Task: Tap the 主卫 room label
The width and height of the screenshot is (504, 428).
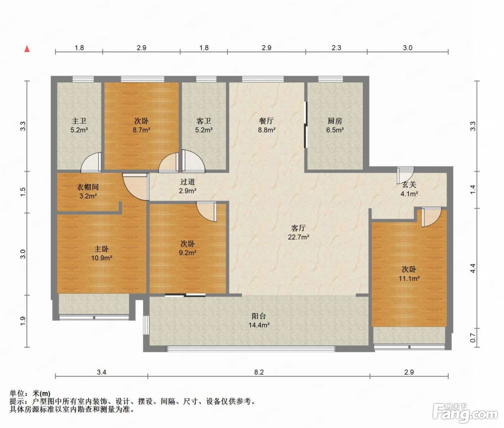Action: coord(79,121)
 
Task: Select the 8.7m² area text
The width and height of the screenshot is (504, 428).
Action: coord(141,130)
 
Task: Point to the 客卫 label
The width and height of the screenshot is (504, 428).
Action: coord(204,121)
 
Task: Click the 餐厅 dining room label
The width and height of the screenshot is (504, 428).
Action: coord(266,121)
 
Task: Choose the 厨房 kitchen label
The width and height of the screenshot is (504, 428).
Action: coord(335,121)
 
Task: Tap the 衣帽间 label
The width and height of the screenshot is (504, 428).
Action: coord(88,187)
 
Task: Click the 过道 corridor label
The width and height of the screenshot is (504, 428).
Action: coord(188,181)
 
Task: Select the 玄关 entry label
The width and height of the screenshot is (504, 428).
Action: coord(409,185)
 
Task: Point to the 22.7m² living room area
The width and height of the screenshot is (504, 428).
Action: coord(299,237)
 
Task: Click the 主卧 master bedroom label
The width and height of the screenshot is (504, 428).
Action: coord(102,249)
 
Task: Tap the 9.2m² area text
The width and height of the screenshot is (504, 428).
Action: coord(188,252)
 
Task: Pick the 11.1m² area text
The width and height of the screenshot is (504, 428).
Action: coord(409,278)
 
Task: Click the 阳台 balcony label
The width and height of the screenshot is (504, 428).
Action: coord(259,316)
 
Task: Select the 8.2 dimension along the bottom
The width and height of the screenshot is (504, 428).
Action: coord(259,372)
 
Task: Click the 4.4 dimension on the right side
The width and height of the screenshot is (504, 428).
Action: coord(473,268)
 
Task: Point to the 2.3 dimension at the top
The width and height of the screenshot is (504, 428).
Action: coord(336,48)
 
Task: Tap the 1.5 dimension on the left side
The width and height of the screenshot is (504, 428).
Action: coord(23,192)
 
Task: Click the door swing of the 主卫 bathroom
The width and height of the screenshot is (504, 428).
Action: coord(91,162)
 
